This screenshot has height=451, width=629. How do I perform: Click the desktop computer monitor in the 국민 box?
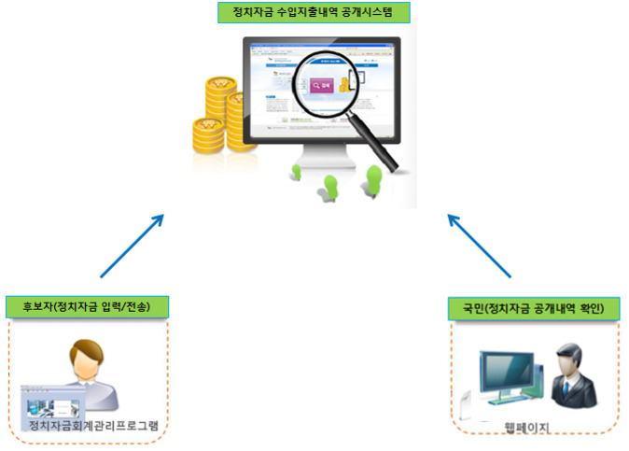[505, 378]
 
